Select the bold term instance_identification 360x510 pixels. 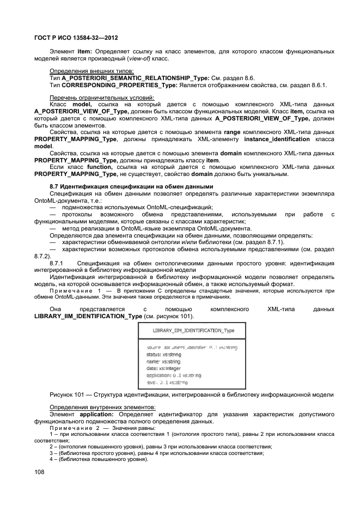[274, 139]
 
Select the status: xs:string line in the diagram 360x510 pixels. [164, 354]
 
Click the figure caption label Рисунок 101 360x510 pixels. [68, 394]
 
